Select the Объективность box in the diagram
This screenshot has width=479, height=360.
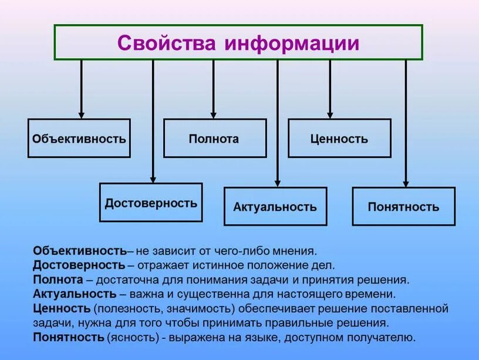click(x=79, y=139)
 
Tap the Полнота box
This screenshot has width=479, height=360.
click(x=214, y=139)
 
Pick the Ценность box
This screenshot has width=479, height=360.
click(x=339, y=139)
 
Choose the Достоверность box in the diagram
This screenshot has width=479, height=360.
click(x=151, y=203)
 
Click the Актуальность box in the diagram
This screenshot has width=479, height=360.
click(x=275, y=207)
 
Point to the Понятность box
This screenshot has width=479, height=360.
click(x=403, y=207)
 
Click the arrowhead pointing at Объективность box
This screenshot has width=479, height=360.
click(x=81, y=115)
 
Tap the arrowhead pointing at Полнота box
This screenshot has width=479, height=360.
click(x=213, y=115)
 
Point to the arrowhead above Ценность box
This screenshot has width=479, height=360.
click(x=330, y=115)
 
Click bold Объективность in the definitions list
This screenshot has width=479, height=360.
click(x=80, y=251)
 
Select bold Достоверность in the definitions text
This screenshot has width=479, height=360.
click(x=79, y=265)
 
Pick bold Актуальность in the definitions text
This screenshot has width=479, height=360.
click(x=75, y=294)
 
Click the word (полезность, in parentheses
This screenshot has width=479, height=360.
click(x=122, y=308)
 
